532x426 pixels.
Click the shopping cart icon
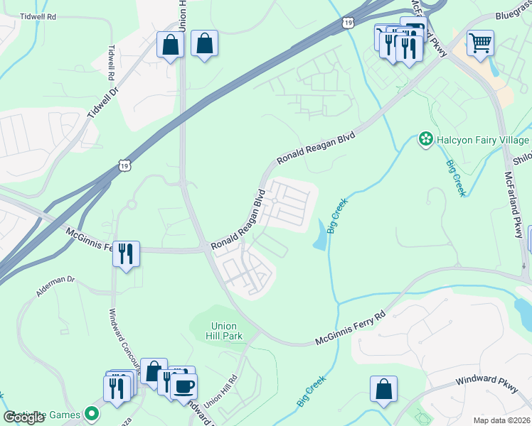481,43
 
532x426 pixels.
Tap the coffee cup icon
184,386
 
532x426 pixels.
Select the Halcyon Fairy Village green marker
425,140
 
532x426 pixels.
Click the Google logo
23,417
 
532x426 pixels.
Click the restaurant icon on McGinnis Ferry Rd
126,253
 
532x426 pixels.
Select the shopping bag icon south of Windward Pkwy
383,390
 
